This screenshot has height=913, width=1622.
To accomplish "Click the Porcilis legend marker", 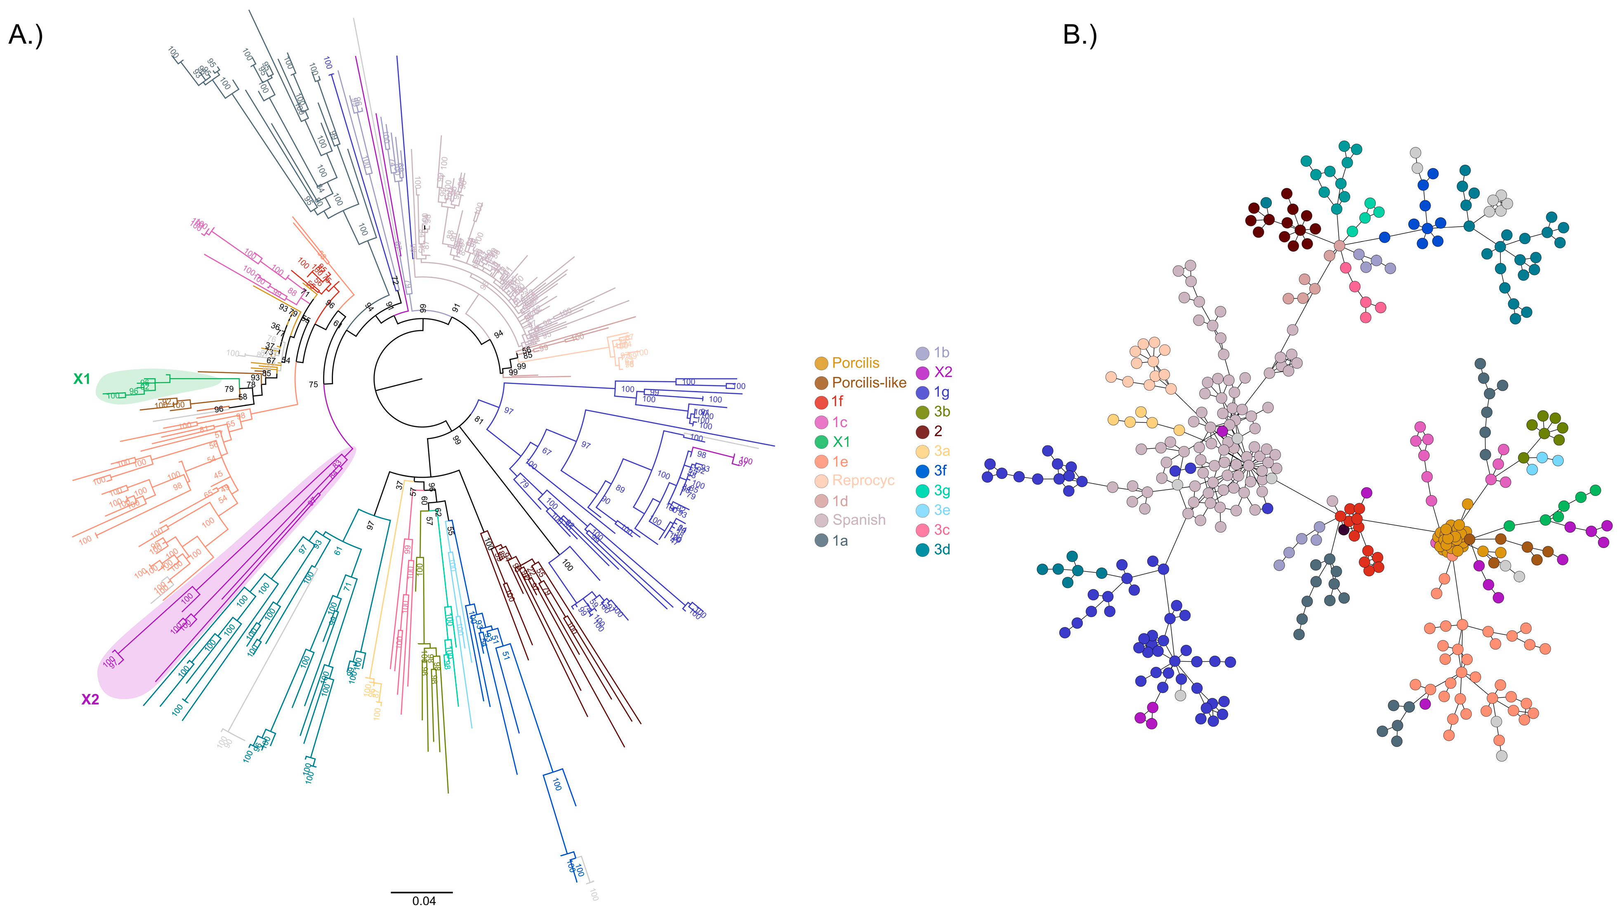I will (821, 363).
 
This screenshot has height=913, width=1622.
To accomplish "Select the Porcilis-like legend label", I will (869, 382).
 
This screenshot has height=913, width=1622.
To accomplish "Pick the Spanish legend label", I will (859, 520).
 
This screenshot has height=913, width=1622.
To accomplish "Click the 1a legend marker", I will (821, 541).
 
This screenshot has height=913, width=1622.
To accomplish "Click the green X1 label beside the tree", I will (82, 379).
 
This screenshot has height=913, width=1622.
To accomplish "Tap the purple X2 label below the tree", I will (90, 700).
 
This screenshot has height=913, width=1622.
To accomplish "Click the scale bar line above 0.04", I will (421, 892).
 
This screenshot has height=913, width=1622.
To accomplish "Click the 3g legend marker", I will (922, 491).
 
